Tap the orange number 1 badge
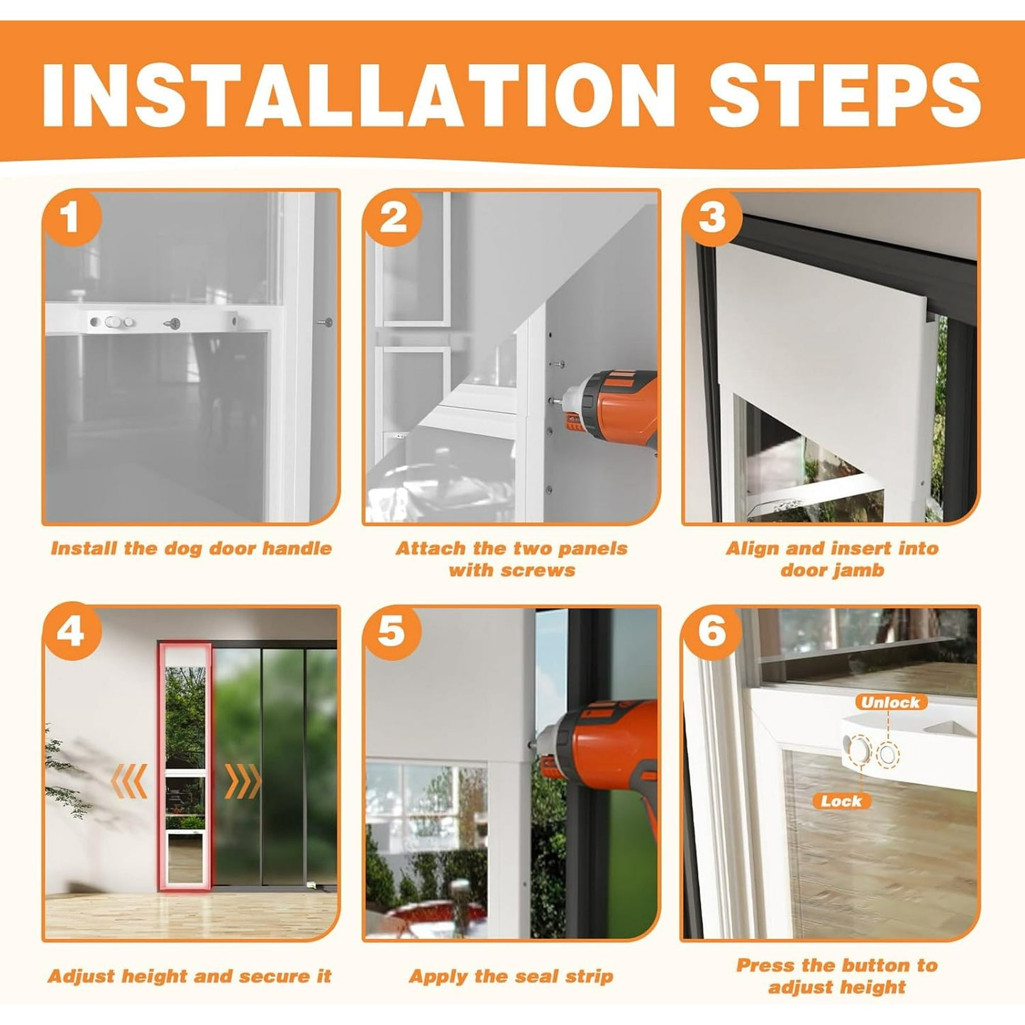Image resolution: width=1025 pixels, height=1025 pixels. [x=72, y=218]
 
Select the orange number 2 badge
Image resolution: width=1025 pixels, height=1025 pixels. [x=392, y=218]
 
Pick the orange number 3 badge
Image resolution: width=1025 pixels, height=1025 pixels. [x=711, y=218]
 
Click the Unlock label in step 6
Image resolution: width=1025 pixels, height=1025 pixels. [x=890, y=702]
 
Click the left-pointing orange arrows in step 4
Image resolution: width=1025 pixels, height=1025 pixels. [x=128, y=782]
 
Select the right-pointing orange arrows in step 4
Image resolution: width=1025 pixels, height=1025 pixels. [x=243, y=782]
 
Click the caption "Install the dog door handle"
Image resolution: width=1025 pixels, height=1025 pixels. [x=192, y=549]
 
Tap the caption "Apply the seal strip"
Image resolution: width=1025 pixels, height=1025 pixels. [x=511, y=962]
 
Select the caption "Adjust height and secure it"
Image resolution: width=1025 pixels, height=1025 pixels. [x=190, y=962]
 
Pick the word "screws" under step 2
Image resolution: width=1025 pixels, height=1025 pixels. [x=541, y=571]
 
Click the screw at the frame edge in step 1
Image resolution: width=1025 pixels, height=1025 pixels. [x=324, y=321]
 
